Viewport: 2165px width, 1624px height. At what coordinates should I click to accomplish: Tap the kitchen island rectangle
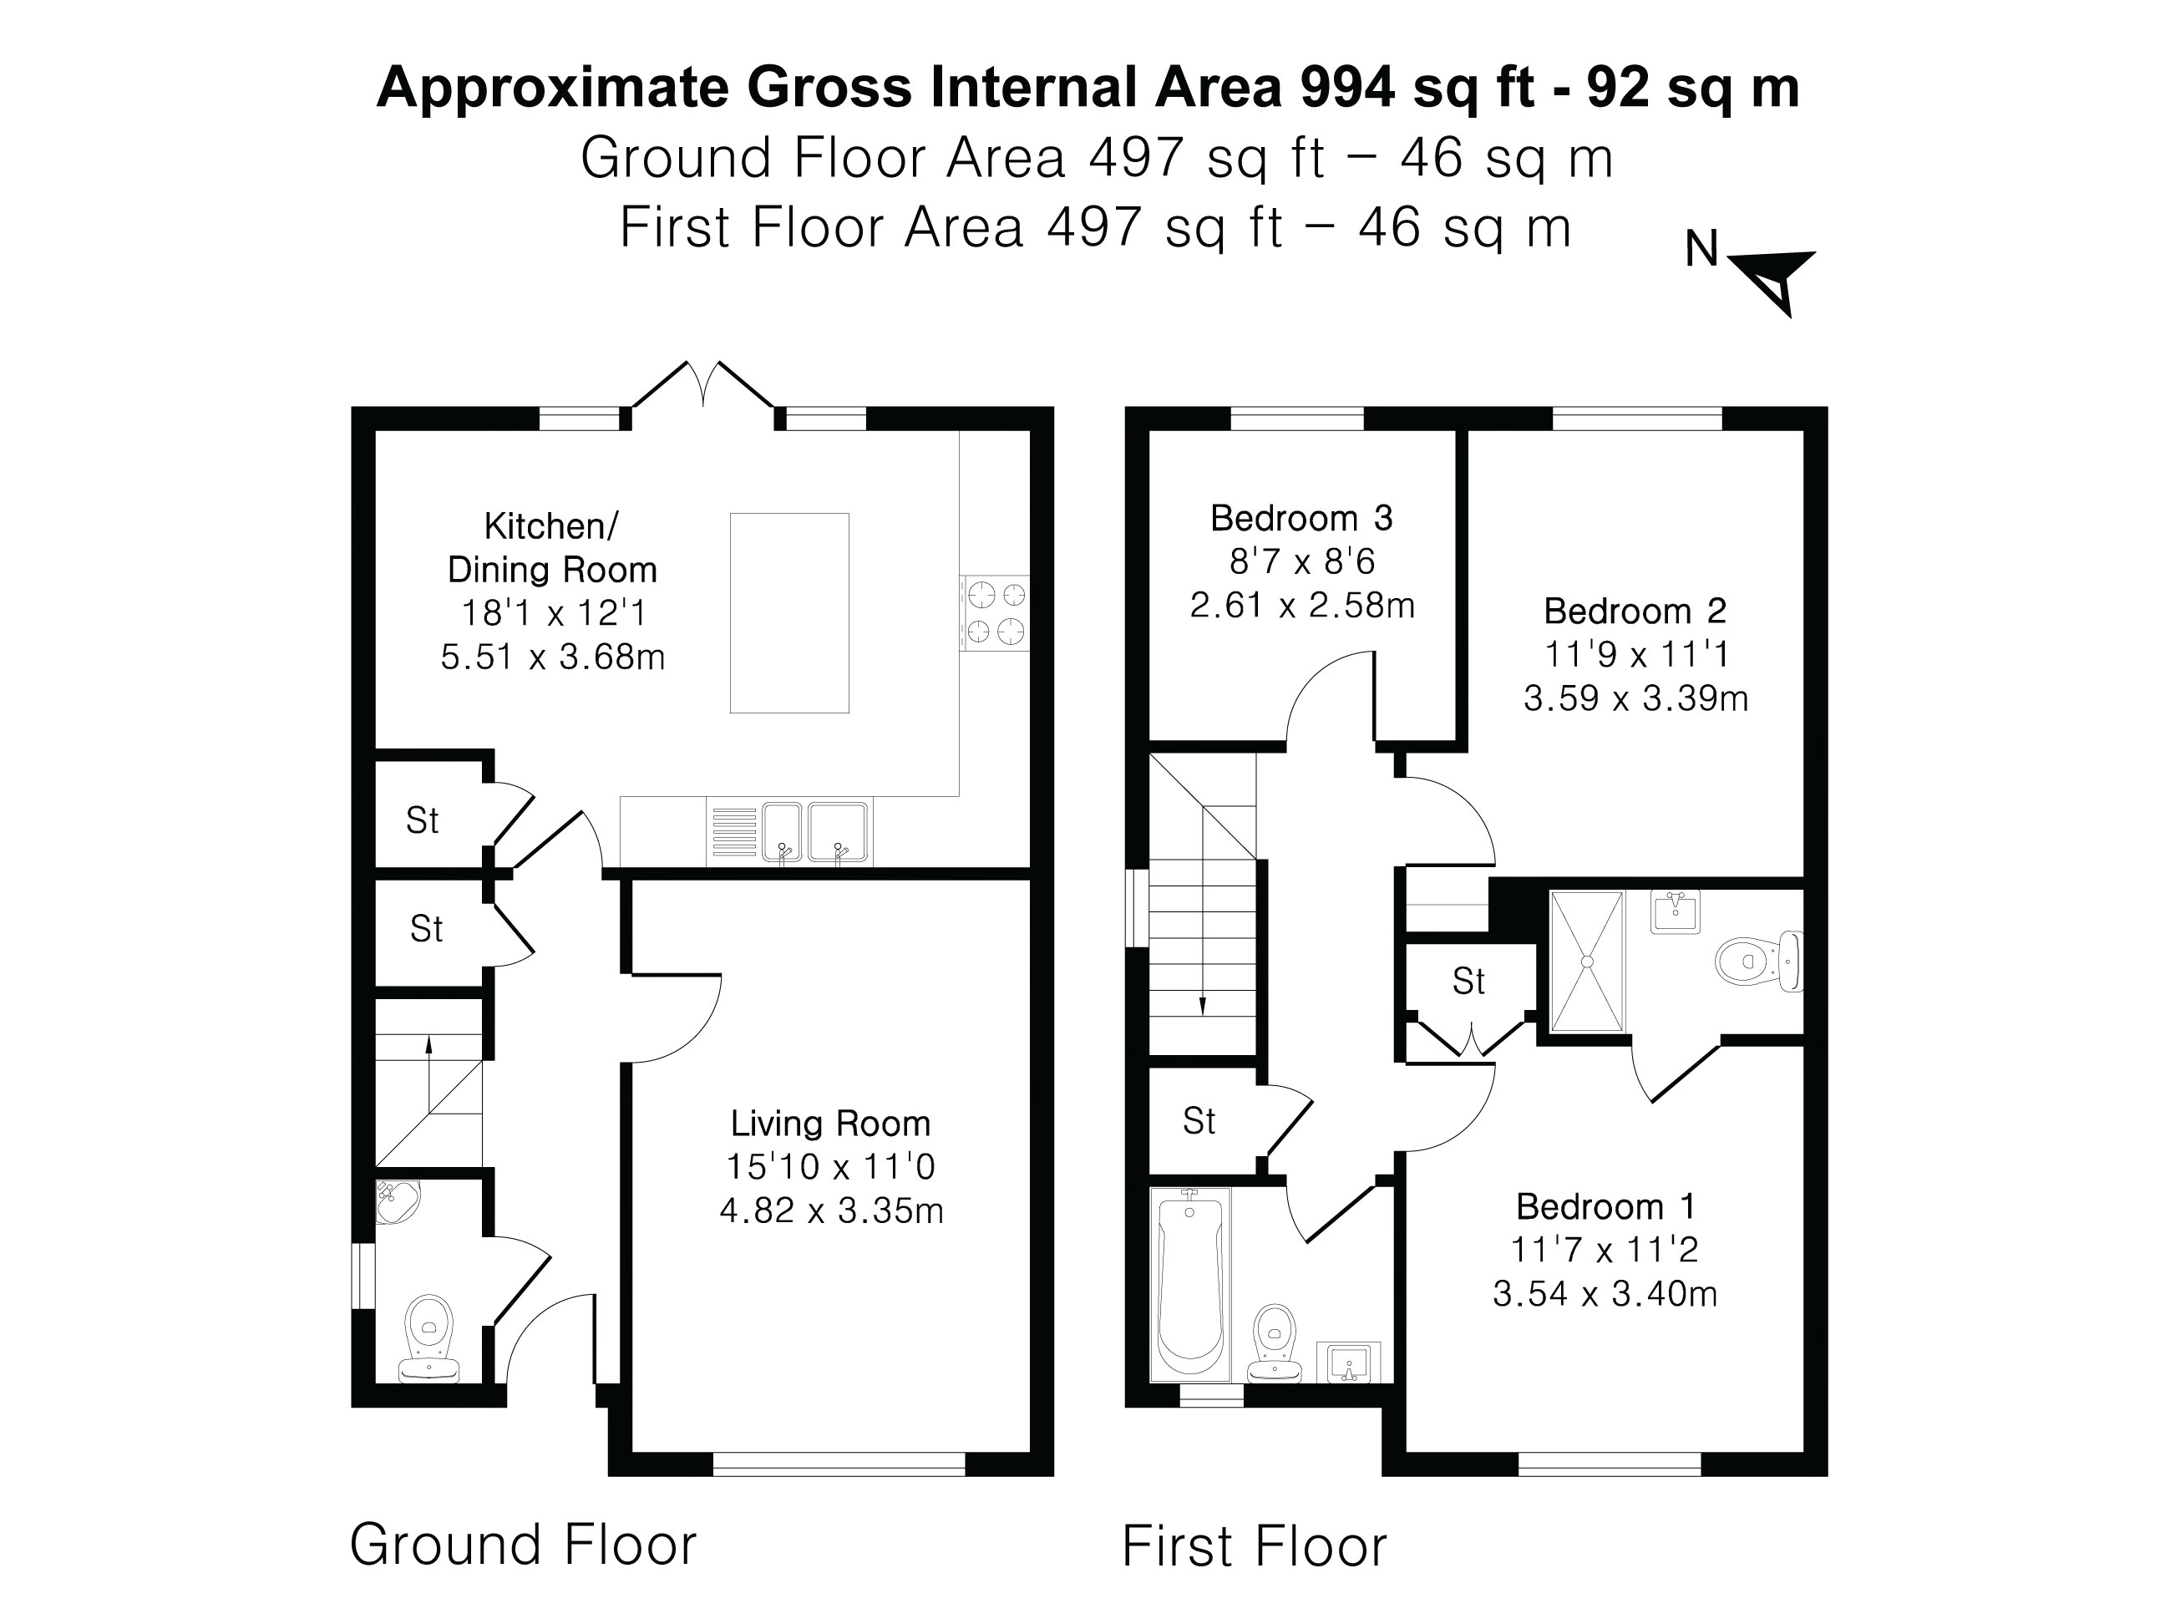pyautogui.click(x=788, y=613)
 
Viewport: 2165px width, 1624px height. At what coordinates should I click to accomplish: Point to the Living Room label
pyautogui.click(x=830, y=1124)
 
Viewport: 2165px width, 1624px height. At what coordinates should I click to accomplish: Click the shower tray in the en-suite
pyautogui.click(x=1586, y=962)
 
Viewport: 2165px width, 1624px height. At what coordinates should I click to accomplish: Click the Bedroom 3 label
pyautogui.click(x=1301, y=518)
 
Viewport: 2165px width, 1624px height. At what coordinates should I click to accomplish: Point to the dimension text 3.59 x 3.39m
pyautogui.click(x=1635, y=698)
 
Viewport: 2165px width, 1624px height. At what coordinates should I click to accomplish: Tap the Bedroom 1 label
pyautogui.click(x=1605, y=1206)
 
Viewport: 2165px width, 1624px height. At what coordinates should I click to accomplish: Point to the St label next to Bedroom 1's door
pyautogui.click(x=1468, y=981)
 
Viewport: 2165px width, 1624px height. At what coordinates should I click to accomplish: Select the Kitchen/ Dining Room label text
pyautogui.click(x=551, y=548)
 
